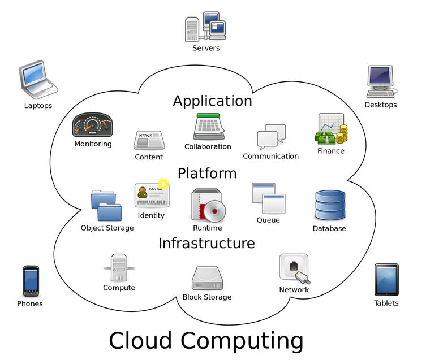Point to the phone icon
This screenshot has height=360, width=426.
click(31, 281)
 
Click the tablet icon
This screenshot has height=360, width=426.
click(386, 280)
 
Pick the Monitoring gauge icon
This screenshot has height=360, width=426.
click(93, 125)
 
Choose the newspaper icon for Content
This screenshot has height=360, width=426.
click(149, 140)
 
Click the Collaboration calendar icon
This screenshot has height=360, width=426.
click(209, 126)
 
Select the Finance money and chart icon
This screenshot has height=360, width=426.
click(331, 129)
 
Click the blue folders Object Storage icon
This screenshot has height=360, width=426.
click(106, 206)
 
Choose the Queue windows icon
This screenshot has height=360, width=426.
click(268, 198)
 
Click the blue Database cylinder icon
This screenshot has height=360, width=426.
click(330, 205)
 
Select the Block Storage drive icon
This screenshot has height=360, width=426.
click(208, 279)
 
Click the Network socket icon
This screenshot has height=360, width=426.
click(295, 269)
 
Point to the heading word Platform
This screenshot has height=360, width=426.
click(207, 173)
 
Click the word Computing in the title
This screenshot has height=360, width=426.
click(242, 341)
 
